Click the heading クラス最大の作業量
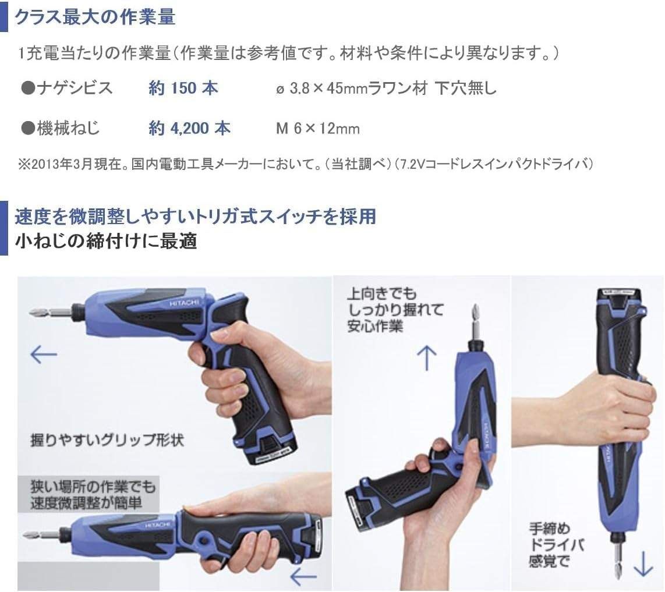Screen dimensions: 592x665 [x=94, y=17]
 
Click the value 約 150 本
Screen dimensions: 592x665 [x=183, y=88]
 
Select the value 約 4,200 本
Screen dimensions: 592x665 [x=189, y=128]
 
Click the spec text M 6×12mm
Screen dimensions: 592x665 [x=317, y=129]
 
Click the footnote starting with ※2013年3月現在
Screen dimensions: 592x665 [x=306, y=164]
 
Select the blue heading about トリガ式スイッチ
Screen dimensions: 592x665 [x=195, y=217]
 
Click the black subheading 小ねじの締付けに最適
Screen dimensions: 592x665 [x=106, y=240]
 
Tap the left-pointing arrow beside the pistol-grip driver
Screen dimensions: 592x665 [x=44, y=355]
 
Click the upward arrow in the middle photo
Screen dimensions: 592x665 [x=427, y=358]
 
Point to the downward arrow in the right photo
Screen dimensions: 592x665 [x=643, y=564]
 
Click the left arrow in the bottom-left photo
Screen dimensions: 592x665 [x=303, y=577]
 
